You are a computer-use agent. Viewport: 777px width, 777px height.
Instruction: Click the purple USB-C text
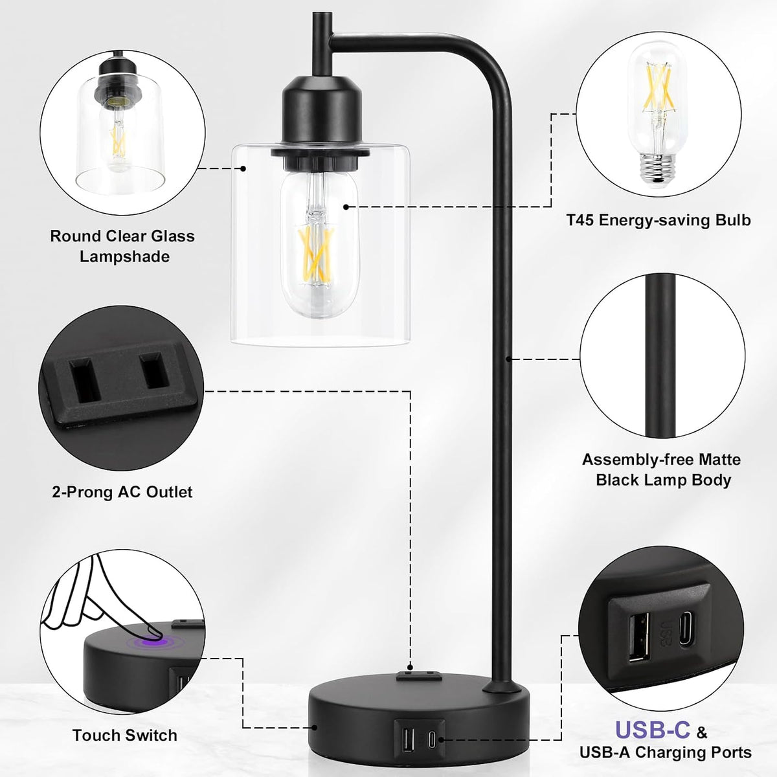tap(653, 730)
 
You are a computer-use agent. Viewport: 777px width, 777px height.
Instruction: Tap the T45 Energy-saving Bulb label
tap(659, 220)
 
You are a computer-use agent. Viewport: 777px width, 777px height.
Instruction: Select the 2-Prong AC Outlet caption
tap(122, 492)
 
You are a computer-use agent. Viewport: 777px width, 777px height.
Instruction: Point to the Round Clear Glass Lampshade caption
tap(122, 246)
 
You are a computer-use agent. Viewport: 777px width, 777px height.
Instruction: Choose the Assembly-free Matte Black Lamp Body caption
tap(662, 469)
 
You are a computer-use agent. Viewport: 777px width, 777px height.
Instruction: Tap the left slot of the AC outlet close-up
tap(84, 381)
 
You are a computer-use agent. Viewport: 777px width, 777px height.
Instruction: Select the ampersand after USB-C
tap(703, 732)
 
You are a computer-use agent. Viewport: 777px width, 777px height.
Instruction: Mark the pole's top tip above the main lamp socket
tap(322, 14)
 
